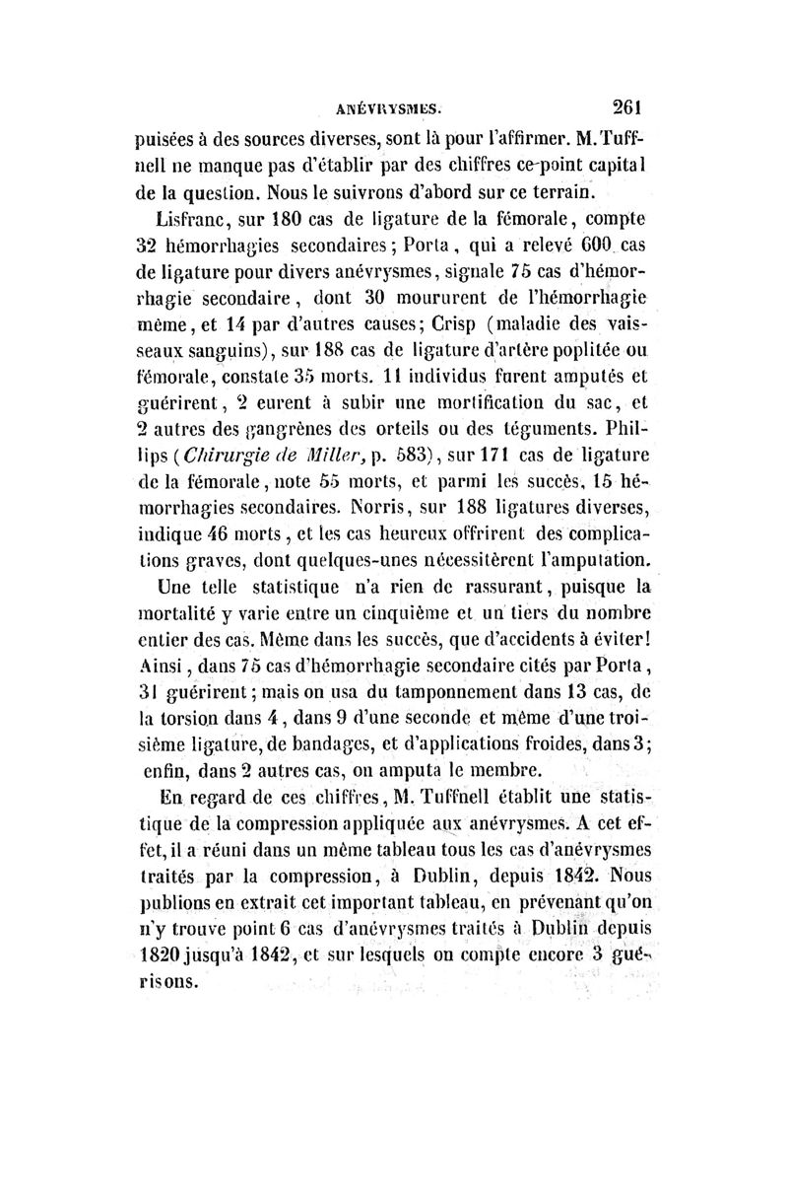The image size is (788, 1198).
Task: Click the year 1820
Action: coord(160,955)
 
